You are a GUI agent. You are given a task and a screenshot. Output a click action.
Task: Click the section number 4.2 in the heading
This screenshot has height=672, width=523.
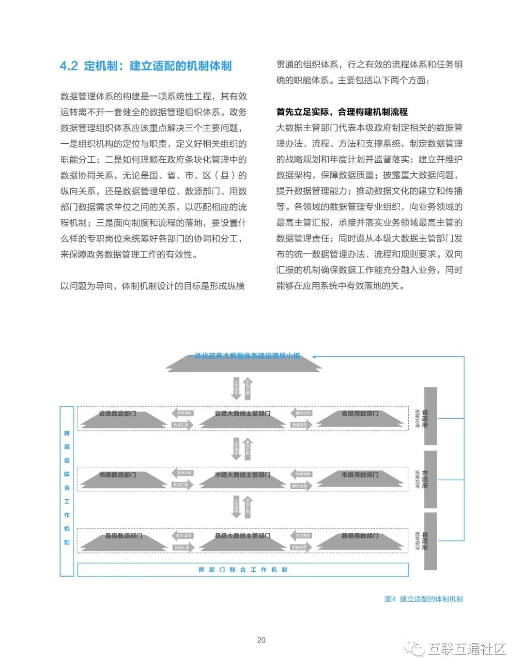(69, 66)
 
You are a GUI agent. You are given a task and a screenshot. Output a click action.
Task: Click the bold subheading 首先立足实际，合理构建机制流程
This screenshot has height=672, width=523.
(342, 112)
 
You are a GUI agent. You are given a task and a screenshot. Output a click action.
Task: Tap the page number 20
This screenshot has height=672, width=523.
(261, 640)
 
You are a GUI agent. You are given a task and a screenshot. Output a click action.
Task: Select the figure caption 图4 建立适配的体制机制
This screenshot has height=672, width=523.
(424, 599)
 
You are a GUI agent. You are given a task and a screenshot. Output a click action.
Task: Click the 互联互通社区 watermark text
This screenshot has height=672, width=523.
(466, 649)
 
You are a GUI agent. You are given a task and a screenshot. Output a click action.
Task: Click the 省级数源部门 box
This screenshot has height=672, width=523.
(118, 418)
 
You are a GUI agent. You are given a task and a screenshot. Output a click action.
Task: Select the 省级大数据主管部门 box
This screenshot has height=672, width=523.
(243, 418)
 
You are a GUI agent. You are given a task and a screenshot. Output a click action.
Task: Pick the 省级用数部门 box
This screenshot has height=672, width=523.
(360, 418)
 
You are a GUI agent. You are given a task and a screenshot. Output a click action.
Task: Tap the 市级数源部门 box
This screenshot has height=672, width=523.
(118, 479)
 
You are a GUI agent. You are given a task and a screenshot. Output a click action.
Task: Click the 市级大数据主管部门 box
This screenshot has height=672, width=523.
(243, 479)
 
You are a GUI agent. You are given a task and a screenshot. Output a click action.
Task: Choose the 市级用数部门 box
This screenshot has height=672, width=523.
(360, 479)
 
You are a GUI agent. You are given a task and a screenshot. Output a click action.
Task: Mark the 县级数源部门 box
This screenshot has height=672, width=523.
(124, 540)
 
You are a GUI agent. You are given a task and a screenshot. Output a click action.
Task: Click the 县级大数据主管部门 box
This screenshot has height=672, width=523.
(243, 540)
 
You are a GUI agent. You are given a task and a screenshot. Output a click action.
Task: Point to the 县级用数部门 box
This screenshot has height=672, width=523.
(360, 540)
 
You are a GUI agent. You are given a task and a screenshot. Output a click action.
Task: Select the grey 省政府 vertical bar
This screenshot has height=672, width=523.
(430, 416)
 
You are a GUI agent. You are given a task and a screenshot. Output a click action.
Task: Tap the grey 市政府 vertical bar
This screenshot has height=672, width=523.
(430, 479)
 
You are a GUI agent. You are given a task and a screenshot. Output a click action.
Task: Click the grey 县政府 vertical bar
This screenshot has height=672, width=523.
(430, 541)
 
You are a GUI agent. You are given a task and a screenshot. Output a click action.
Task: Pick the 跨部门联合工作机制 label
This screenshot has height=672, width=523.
(243, 570)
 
